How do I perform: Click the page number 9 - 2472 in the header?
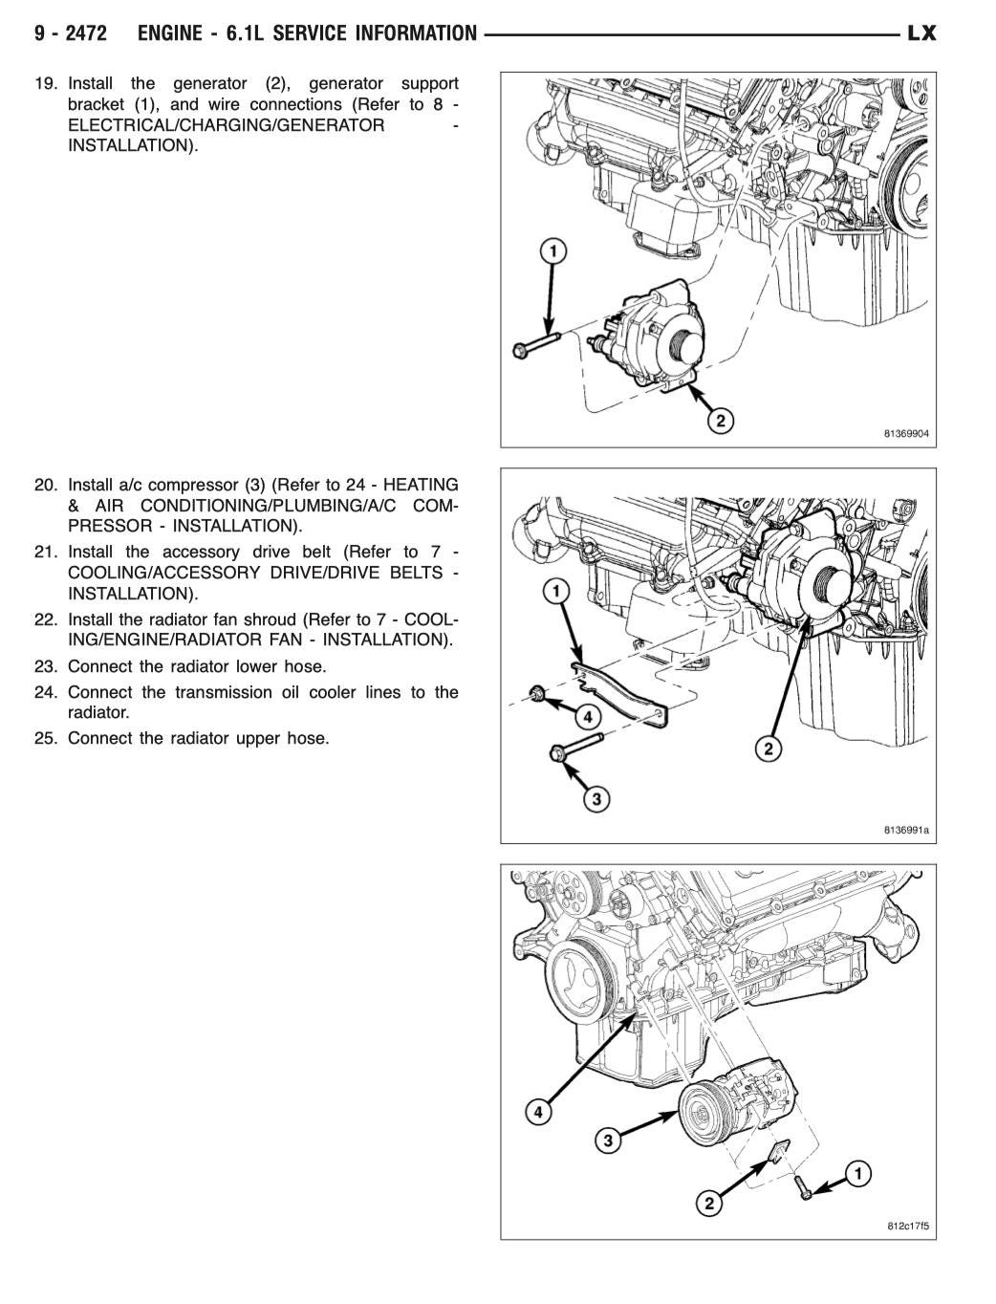(71, 34)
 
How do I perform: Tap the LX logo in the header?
(921, 34)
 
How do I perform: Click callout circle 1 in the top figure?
(552, 251)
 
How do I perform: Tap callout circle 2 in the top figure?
(720, 420)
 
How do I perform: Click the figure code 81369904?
(905, 433)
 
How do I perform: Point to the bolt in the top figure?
(535, 346)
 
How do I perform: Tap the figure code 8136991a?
(905, 830)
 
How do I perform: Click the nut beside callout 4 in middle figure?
(537, 695)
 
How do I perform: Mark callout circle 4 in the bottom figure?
(539, 1112)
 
